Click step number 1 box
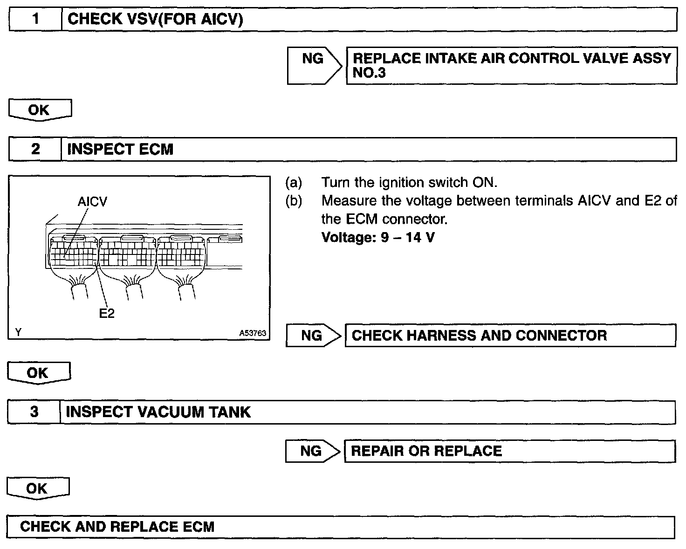tap(35, 20)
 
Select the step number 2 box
tap(35, 149)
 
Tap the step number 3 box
tap(34, 412)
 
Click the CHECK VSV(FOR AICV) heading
tap(155, 20)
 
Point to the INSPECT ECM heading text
tap(120, 149)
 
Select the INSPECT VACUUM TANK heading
tap(158, 412)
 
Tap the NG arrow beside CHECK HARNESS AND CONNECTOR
tap(312, 336)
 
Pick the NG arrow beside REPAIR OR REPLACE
tap(311, 451)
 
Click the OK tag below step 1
tap(39, 110)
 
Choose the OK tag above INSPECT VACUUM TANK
tap(38, 373)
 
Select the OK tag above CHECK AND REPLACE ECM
tap(37, 488)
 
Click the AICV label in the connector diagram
tap(92, 202)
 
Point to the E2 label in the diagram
tap(107, 313)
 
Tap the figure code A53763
tap(253, 333)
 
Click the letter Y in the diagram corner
tap(18, 332)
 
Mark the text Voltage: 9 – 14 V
tap(378, 238)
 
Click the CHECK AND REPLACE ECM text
tap(117, 527)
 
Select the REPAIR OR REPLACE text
tap(426, 451)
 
